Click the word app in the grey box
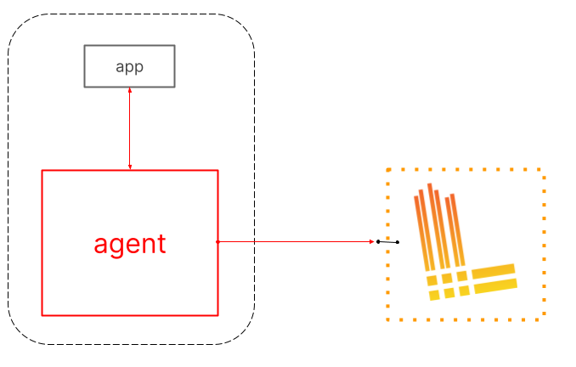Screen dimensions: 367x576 point(129,67)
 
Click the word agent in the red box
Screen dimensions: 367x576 point(130,244)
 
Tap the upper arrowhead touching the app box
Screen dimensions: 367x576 point(129,90)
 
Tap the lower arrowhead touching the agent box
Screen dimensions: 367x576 point(130,167)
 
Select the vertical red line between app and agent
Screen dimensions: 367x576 point(130,127)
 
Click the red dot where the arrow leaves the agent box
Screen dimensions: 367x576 point(218,242)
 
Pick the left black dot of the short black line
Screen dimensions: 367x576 point(378,242)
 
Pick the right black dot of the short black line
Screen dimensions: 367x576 point(398,243)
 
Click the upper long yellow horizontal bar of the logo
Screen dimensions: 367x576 point(494,270)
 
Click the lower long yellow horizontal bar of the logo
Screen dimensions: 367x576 point(495,286)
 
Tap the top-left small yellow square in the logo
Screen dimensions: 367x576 point(432,280)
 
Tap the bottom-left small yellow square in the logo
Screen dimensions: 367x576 point(434,295)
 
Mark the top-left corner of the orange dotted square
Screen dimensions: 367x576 point(388,170)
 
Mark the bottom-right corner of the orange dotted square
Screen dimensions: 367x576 point(542,319)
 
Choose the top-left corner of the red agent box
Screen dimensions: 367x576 point(42,171)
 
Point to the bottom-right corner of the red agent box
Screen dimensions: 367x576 point(217,315)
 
